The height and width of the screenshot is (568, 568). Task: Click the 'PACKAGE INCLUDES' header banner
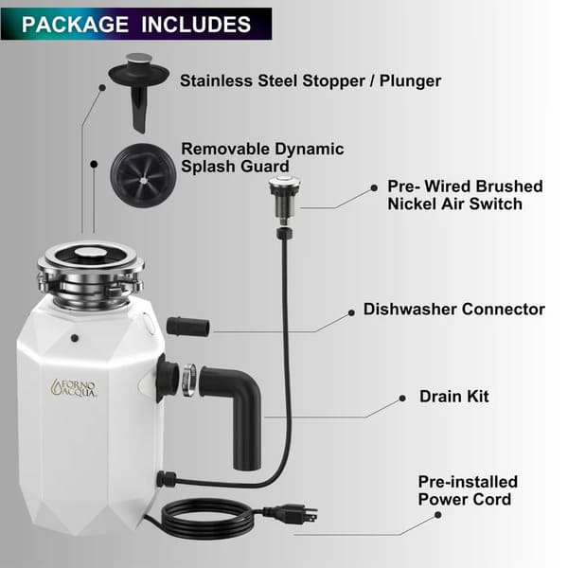coord(136,24)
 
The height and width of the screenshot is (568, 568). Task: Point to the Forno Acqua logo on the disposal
coord(74,387)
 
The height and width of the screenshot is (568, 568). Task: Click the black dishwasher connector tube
coord(187,327)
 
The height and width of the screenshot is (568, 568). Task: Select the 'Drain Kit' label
coord(454,396)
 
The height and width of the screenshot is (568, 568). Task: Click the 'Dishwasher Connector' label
coord(453,310)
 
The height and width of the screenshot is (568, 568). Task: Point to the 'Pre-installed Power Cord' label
coord(468,490)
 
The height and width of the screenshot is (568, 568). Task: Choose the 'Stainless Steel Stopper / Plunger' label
coord(310,80)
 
